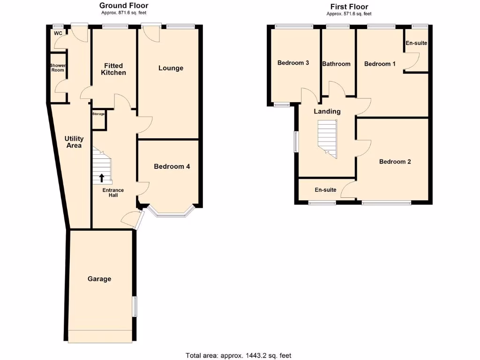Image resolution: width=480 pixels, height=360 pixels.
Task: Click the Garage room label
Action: (x=99, y=279)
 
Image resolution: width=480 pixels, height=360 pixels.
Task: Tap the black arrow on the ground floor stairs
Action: (x=102, y=178)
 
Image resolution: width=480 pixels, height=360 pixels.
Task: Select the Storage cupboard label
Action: (x=98, y=114)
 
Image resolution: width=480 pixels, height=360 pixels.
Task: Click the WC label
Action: (x=58, y=33)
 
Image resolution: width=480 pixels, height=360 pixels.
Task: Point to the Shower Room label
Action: (x=58, y=68)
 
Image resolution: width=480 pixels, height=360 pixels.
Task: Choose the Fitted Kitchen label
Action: (x=113, y=69)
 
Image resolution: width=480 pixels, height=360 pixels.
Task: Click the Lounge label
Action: (x=171, y=68)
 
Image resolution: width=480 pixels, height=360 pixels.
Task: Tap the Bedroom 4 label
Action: (x=172, y=166)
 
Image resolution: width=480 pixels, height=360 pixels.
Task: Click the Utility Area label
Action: (x=74, y=142)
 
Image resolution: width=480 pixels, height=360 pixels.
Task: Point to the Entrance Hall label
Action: (x=113, y=193)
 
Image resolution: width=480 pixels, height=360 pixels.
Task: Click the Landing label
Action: (x=327, y=112)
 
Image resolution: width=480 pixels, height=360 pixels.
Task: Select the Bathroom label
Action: (x=336, y=64)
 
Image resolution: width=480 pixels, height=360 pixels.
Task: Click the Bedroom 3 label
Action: (x=293, y=63)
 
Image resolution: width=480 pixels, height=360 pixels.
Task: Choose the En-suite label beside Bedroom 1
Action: (x=416, y=43)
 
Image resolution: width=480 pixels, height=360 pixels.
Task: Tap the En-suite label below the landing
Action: (x=325, y=190)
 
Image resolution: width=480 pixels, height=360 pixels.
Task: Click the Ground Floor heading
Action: (x=124, y=6)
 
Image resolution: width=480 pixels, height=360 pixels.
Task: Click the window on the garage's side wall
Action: (x=135, y=307)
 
